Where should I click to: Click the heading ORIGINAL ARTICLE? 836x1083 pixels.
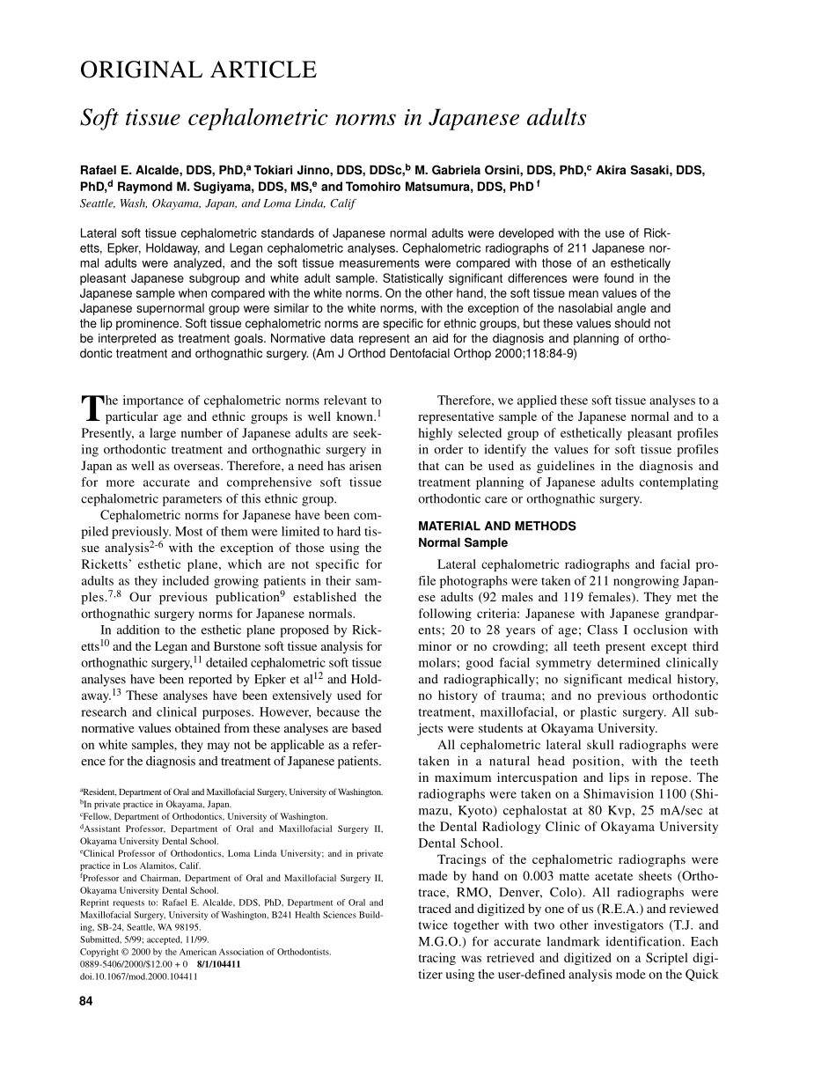point(197,70)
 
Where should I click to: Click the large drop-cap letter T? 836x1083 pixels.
point(92,409)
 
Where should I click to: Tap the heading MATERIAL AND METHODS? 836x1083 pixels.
point(497,526)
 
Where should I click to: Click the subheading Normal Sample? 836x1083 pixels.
point(462,543)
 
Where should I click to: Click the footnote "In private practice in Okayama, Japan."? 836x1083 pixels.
point(157,804)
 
